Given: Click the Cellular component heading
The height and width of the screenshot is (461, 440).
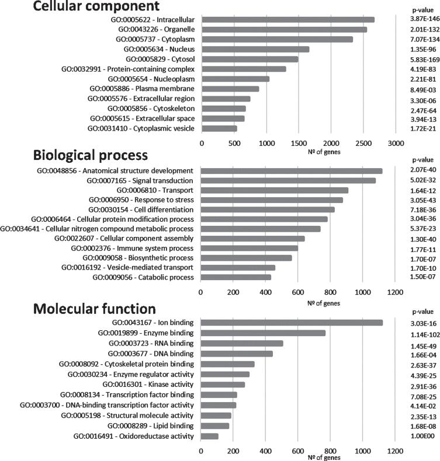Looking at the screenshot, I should (x=79, y=7).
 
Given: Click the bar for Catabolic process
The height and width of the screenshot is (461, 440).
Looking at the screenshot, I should (x=227, y=277).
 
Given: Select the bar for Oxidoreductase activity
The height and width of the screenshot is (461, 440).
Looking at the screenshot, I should (x=210, y=436).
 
